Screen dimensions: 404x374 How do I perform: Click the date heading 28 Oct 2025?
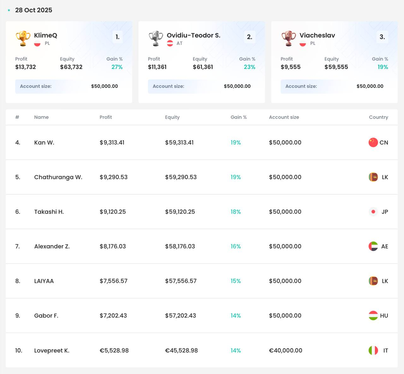point(33,10)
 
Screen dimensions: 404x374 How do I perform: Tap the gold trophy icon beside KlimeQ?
point(23,39)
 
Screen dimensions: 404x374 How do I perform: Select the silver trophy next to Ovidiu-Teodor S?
point(156,39)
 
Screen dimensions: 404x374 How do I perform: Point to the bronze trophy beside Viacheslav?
point(288,39)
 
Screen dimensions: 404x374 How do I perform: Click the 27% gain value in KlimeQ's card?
point(117,67)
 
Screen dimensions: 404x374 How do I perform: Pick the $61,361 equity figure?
point(203,67)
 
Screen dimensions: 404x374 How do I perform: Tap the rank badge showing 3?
point(382,37)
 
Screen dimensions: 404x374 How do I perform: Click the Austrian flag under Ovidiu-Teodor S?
point(170,43)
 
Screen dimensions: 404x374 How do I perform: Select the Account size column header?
point(284,117)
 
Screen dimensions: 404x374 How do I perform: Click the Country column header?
point(378,117)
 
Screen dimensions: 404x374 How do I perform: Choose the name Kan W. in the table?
point(44,142)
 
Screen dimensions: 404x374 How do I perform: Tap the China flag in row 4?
point(373,142)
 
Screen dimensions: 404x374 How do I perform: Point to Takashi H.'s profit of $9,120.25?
point(113,212)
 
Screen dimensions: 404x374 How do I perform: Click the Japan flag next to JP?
point(373,212)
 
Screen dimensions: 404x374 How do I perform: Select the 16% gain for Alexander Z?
point(235,246)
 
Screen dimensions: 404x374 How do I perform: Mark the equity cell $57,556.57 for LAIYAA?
point(181,281)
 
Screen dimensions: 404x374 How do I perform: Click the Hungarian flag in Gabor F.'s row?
point(373,315)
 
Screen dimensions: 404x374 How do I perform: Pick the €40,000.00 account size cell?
point(286,350)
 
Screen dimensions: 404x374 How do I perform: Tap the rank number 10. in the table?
point(19,350)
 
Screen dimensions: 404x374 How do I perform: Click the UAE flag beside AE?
point(373,246)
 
